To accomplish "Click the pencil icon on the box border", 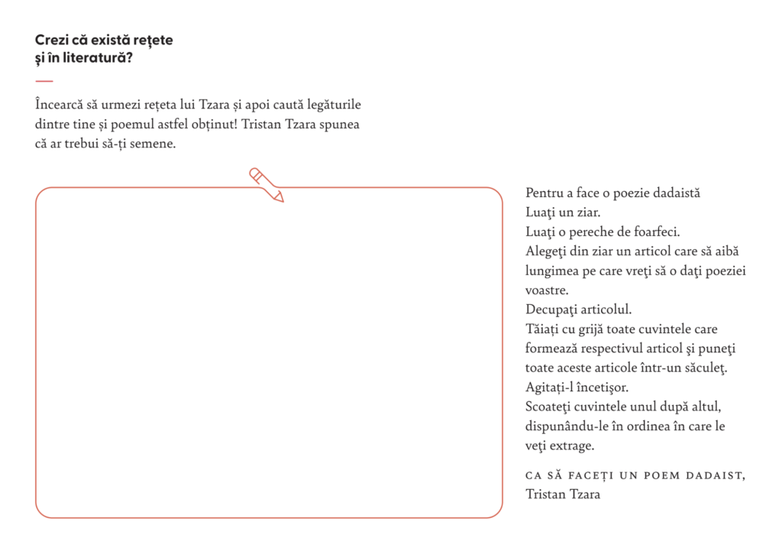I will (267, 184).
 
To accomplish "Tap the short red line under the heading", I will (44, 81).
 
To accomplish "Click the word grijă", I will (594, 329).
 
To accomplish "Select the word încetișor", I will (600, 387).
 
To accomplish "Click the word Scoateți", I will (551, 406).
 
